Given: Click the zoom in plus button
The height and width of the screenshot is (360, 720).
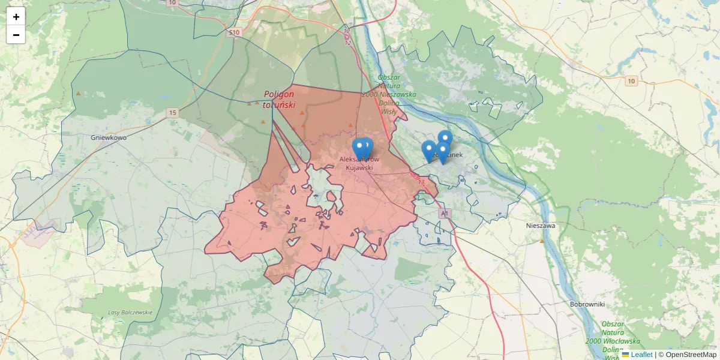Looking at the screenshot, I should click(16, 17).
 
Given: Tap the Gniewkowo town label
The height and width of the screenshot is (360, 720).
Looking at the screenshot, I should click(109, 137).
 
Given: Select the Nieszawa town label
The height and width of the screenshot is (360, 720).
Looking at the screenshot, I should click(541, 226).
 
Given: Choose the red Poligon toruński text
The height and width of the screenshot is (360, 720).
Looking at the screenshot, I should click(280, 99).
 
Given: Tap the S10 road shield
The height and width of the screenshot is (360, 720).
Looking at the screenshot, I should click(234, 32).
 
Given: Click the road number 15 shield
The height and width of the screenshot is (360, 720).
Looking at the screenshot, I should click(173, 113).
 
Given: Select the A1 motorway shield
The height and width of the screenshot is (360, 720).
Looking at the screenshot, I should click(444, 214).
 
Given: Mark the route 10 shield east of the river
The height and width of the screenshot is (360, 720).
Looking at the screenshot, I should click(631, 81).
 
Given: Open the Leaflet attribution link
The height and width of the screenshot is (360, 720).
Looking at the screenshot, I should click(641, 355).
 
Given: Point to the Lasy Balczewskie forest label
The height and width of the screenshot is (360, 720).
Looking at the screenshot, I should click(130, 313).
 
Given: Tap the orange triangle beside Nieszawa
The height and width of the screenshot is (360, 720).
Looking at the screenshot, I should click(542, 241).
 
